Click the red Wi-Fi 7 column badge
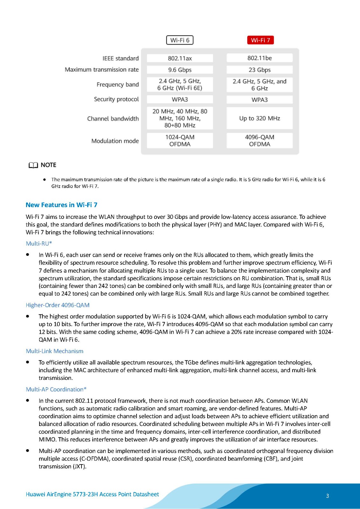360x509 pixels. pos(260,40)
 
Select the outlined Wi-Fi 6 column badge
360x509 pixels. pos(180,40)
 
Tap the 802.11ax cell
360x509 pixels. pos(180,58)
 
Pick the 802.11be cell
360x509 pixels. pos(259,58)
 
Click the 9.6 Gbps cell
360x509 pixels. pos(180,70)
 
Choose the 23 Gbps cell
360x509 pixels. pos(259,70)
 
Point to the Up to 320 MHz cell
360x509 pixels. pos(259,118)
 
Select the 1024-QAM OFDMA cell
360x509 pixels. pos(180,141)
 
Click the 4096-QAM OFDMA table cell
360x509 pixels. pos(259,141)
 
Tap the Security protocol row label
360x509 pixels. pos(116,99)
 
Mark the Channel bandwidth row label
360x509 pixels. pos(113,119)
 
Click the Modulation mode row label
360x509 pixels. pos(115,141)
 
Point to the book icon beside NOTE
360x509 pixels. pos(33,165)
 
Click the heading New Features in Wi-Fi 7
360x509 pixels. pos(61,205)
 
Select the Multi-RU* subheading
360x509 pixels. pos(39,244)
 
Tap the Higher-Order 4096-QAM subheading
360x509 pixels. pos(58,305)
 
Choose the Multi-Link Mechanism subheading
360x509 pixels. pos(54,351)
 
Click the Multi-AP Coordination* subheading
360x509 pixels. pos(56,389)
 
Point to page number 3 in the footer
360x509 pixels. pos(327,496)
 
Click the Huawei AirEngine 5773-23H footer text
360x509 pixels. pos(92,494)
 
